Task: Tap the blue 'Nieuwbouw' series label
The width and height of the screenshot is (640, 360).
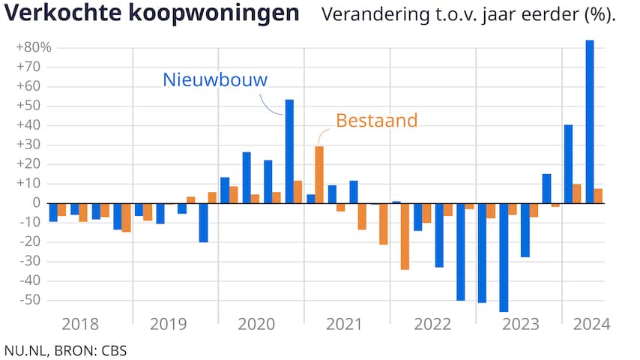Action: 214,80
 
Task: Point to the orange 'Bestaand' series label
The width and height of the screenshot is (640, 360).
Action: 376,120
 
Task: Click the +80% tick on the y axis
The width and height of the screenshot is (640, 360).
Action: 33,47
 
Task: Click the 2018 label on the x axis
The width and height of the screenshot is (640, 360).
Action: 80,324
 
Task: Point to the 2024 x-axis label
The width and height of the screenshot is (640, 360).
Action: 591,324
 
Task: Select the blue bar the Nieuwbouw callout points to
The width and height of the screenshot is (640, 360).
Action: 289,151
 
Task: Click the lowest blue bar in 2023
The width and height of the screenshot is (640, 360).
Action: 504,256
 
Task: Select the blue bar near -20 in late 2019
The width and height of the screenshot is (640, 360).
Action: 203,222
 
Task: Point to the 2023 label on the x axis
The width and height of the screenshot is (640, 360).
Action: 521,324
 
